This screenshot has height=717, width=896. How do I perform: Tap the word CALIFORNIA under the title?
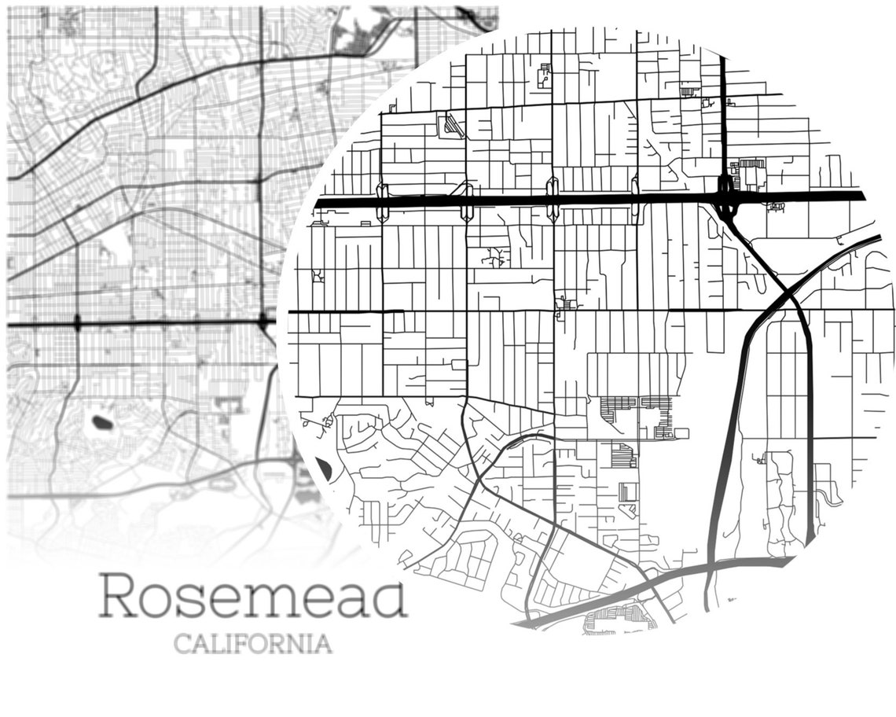pyautogui.click(x=253, y=644)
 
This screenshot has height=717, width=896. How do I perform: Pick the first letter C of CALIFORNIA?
pyautogui.click(x=182, y=644)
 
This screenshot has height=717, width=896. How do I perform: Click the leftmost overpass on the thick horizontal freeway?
pyautogui.click(x=382, y=201)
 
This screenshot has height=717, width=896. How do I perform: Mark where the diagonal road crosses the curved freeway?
pyautogui.click(x=786, y=296)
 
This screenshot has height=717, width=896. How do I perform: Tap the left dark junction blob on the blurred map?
pyautogui.click(x=77, y=322)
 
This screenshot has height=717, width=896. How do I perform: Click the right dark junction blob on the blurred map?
pyautogui.click(x=263, y=322)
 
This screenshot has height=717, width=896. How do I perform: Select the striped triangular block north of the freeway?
pyautogui.click(x=451, y=126)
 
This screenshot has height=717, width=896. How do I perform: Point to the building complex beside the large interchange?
pyautogui.click(x=751, y=173)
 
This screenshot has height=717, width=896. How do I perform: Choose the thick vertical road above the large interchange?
pyautogui.click(x=723, y=118)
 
